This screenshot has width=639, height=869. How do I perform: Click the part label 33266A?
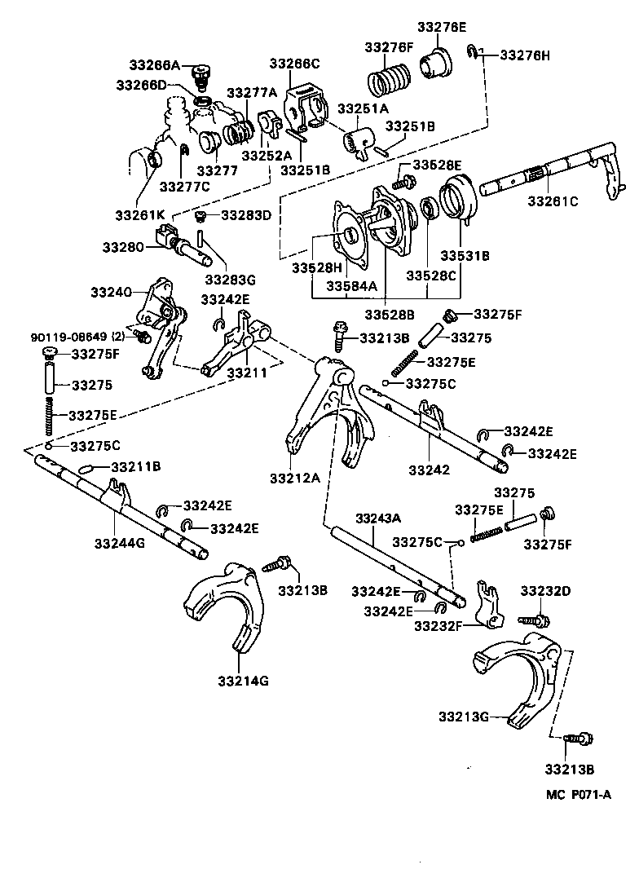pyautogui.click(x=154, y=66)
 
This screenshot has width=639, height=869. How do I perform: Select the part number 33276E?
pyautogui.click(x=442, y=27)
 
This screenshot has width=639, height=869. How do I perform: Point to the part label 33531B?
pyautogui.click(x=465, y=254)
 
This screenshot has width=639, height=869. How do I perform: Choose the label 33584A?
pyautogui.click(x=350, y=285)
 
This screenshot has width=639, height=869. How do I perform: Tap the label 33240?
pyautogui.click(x=110, y=291)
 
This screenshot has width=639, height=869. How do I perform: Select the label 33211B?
pyautogui.click(x=135, y=467)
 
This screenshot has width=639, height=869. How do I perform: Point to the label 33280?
pyautogui.click(x=123, y=247)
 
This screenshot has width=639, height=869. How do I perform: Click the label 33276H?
pyautogui.click(x=525, y=55)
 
